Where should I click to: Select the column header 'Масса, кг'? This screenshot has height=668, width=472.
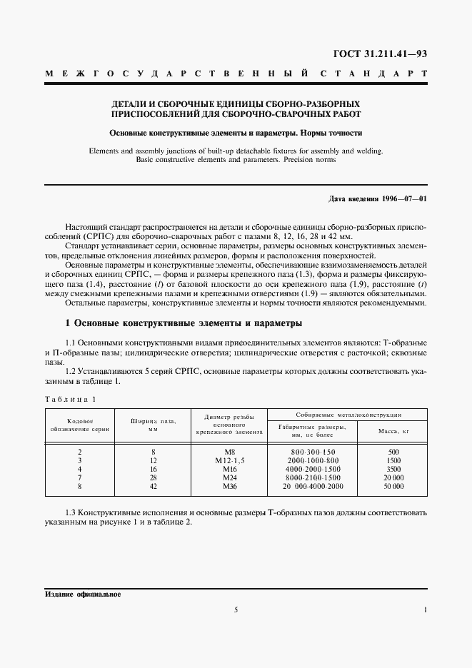(391, 430)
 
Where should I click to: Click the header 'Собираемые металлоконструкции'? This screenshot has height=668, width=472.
(348, 414)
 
